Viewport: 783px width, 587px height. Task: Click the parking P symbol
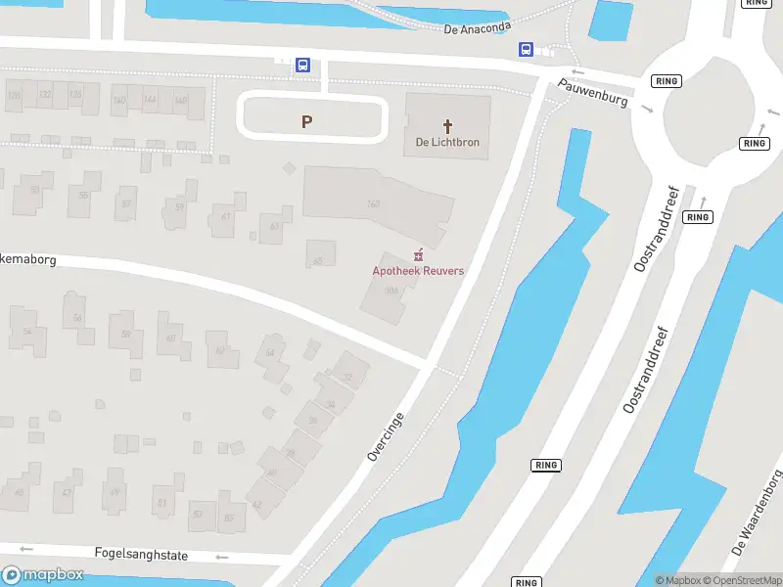click(307, 121)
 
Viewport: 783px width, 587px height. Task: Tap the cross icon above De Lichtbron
click(448, 126)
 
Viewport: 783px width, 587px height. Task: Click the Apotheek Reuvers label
click(418, 271)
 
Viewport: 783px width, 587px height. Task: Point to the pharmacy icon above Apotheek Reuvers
click(419, 254)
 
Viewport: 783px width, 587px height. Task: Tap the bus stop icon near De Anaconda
click(527, 49)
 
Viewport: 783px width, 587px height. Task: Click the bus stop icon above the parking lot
click(303, 66)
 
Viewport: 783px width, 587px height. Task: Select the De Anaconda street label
click(478, 28)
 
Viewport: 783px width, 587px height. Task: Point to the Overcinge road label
click(385, 436)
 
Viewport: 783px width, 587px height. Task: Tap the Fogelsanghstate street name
click(141, 555)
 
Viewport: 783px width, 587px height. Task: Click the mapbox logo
click(43, 575)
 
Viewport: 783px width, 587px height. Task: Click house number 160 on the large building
click(373, 203)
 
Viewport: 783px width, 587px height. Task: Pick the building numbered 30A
click(391, 291)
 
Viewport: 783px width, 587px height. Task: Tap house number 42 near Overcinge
click(256, 505)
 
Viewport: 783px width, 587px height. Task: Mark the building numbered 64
click(270, 352)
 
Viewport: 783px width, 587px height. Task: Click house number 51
click(161, 504)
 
